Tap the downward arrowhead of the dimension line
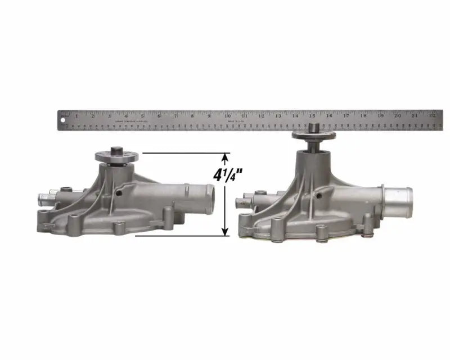(226, 232)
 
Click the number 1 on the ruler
(77, 116)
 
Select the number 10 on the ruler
(227, 116)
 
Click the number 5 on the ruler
(142, 116)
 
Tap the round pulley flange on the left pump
(117, 156)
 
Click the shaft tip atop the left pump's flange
(117, 150)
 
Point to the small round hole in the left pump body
(119, 193)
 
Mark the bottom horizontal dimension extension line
(180, 236)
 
